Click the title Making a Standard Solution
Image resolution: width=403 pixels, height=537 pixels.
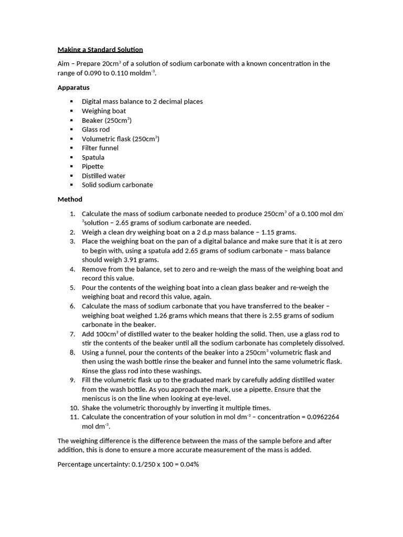pos(100,49)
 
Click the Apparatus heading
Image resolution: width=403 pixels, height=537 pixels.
pos(73,88)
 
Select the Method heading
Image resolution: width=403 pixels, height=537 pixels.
pos(70,199)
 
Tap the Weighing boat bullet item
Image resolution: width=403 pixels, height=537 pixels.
pos(104,111)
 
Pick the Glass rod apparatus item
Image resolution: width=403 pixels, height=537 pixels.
pos(96,130)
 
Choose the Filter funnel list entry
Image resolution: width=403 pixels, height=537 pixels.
pos(100,148)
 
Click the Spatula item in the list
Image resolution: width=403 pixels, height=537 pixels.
pos(93,157)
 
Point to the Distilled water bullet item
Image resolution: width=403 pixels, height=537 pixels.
pos(103,176)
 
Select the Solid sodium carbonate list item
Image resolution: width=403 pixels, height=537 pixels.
pos(117,185)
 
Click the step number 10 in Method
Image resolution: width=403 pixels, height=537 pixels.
pos(73,408)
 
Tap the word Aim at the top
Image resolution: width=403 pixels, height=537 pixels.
pos(64,63)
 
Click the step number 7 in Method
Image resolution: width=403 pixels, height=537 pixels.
pos(73,334)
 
